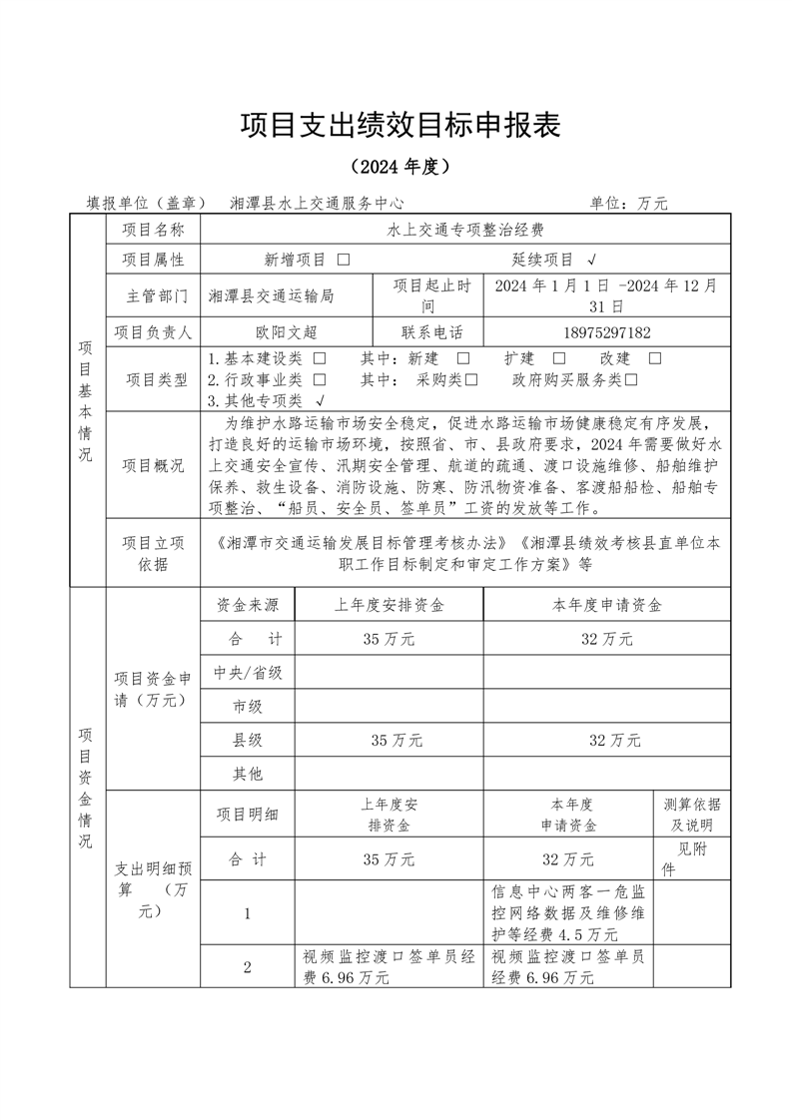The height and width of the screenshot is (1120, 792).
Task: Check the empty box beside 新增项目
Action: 344,260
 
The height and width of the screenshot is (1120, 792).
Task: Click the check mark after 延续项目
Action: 593,260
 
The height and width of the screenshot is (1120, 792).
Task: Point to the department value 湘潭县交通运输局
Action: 272,296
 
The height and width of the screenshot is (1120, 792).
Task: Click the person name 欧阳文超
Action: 286,332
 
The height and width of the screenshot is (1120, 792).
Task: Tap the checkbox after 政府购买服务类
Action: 631,379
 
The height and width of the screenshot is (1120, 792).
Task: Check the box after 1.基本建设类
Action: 320,358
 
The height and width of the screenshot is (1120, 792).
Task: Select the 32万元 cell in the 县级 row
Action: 608,740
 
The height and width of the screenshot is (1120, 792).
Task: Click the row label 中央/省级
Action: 249,673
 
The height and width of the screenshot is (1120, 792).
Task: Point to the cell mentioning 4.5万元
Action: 569,913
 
